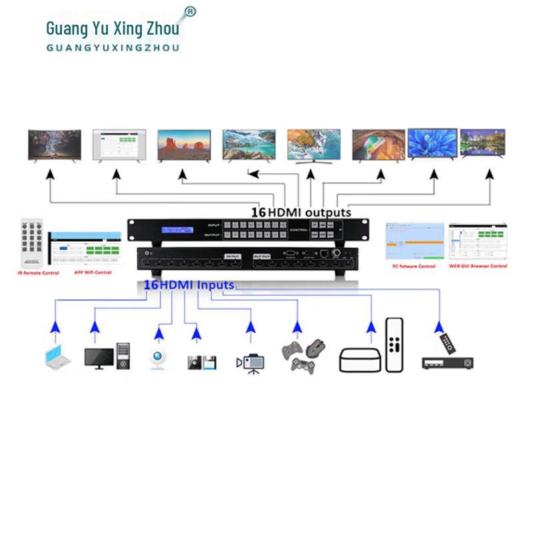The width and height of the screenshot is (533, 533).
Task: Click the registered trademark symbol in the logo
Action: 190,12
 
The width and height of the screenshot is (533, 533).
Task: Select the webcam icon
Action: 158,358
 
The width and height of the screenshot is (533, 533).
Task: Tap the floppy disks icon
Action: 202,362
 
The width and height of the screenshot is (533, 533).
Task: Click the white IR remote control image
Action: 32,244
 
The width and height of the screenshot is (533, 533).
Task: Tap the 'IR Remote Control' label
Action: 38,273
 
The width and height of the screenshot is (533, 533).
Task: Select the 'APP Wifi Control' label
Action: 89,272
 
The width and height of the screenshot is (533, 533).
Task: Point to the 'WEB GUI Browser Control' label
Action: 478,266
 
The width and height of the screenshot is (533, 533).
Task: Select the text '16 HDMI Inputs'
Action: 189,285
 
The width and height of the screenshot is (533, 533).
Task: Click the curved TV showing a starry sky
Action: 55,145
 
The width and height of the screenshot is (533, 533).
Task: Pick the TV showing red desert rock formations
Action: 184,144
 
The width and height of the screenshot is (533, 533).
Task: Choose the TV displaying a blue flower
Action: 431,143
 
